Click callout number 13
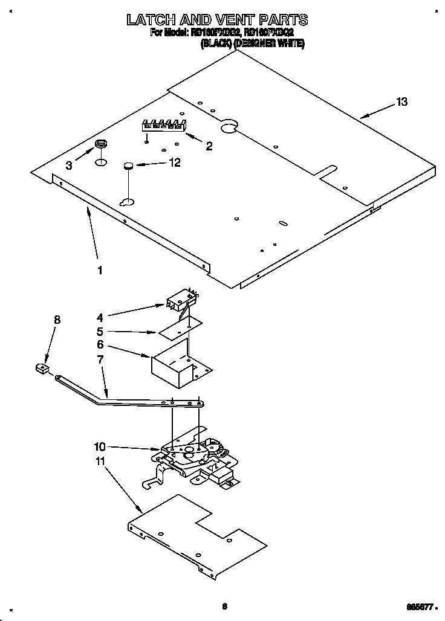pyautogui.click(x=401, y=102)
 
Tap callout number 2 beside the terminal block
pyautogui.click(x=209, y=146)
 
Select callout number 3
pyautogui.click(x=69, y=165)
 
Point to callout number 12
pyautogui.click(x=175, y=162)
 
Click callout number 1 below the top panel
pyautogui.click(x=100, y=270)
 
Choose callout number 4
pyautogui.click(x=100, y=316)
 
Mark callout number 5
pyautogui.click(x=100, y=331)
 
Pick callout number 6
pyautogui.click(x=100, y=345)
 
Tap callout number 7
pyautogui.click(x=100, y=359)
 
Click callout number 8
pyautogui.click(x=57, y=320)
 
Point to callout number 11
pyautogui.click(x=100, y=461)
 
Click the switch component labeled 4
pyautogui.click(x=180, y=300)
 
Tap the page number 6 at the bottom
pyautogui.click(x=224, y=606)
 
